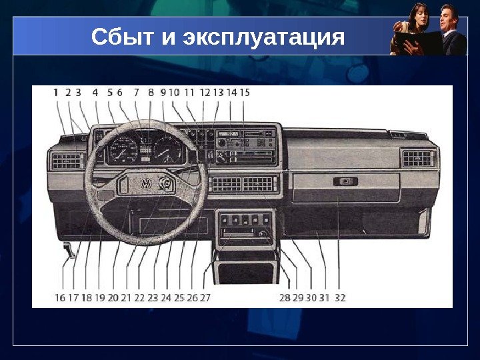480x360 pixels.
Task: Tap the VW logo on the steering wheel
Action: pyautogui.click(x=145, y=183)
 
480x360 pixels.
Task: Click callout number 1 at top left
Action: pyautogui.click(x=56, y=93)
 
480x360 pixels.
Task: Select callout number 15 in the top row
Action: pyautogui.click(x=245, y=93)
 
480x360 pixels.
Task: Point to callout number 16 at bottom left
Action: pyautogui.click(x=60, y=298)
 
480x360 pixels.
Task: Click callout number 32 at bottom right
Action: pyautogui.click(x=340, y=298)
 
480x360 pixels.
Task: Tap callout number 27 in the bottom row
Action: pyautogui.click(x=205, y=298)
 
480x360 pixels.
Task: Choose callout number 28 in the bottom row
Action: pyautogui.click(x=285, y=298)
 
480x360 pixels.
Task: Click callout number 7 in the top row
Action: pyautogui.click(x=137, y=93)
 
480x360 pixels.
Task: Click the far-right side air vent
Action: pyautogui.click(x=419, y=158)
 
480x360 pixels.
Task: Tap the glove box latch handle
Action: pyautogui.click(x=345, y=181)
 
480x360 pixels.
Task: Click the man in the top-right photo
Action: pyautogui.click(x=451, y=30)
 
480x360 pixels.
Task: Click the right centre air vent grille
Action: pyautogui.click(x=259, y=184)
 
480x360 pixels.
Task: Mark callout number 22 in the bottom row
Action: pyautogui.click(x=139, y=298)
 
